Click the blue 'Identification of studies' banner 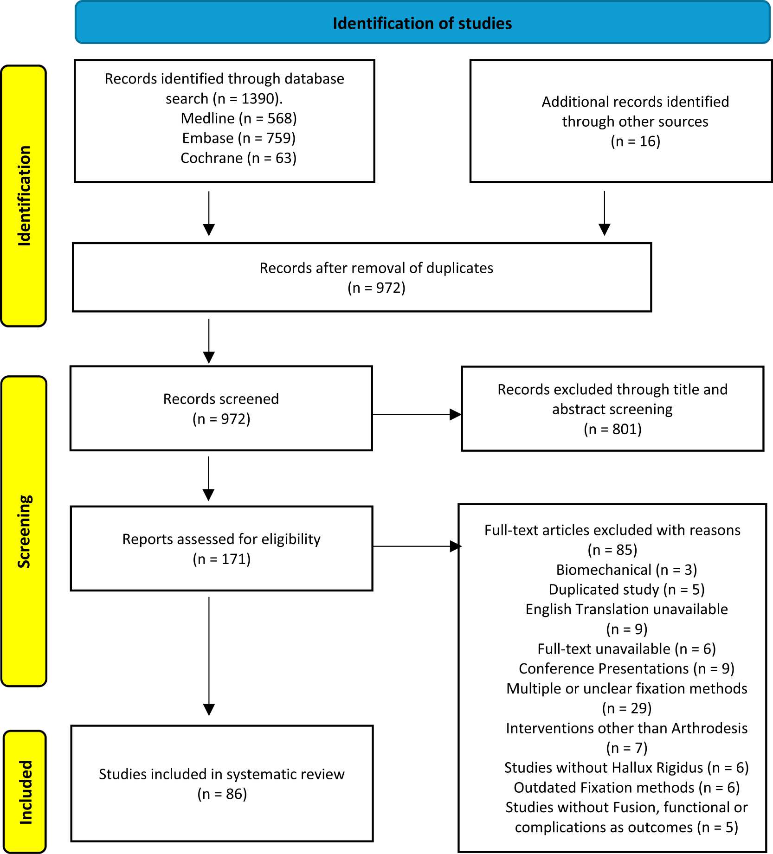coord(423,23)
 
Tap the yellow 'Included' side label coord(25,792)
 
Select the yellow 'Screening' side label coord(24,531)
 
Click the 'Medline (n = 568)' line coord(238,118)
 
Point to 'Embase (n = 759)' coord(238,138)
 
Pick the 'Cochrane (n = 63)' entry coord(238,158)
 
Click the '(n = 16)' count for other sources coord(635,141)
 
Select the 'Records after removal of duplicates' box coord(362,277)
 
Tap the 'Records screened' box coord(221,408)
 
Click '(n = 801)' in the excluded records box coord(612,429)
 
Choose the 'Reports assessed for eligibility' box coord(221,548)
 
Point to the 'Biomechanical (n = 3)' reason coord(626,570)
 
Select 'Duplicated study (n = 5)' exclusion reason coord(626,590)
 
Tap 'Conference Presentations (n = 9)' coord(626,668)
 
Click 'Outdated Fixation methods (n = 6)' coord(626,788)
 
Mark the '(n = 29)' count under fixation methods coord(626,708)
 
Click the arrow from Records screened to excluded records coord(417,414)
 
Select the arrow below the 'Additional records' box coord(604,213)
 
